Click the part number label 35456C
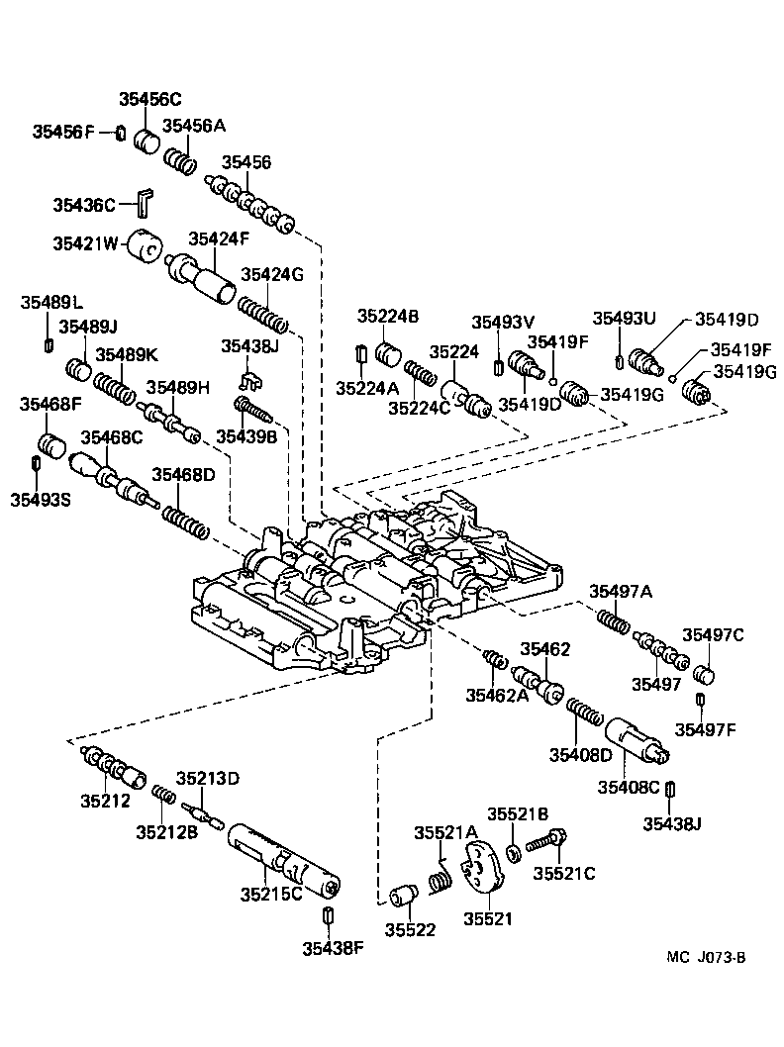150,99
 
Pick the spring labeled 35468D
186,522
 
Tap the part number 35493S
41,499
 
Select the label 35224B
388,317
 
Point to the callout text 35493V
502,322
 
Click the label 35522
410,929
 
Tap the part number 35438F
333,949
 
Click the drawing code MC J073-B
705,957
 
